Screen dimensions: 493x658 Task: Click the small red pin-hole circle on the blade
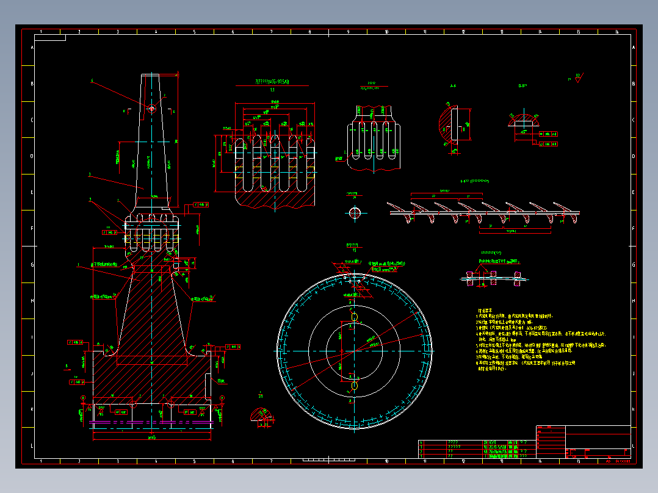(151, 108)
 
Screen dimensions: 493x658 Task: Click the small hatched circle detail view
(355, 212)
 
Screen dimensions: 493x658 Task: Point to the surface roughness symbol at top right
(577, 77)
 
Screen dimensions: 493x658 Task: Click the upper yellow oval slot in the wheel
(355, 317)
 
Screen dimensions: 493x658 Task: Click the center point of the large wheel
(355, 351)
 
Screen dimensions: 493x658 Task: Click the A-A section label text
(453, 87)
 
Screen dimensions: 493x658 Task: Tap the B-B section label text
(522, 87)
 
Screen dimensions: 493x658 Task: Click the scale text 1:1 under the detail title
(272, 90)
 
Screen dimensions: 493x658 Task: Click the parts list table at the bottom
(475, 448)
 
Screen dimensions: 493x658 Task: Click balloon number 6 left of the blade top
(92, 81)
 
